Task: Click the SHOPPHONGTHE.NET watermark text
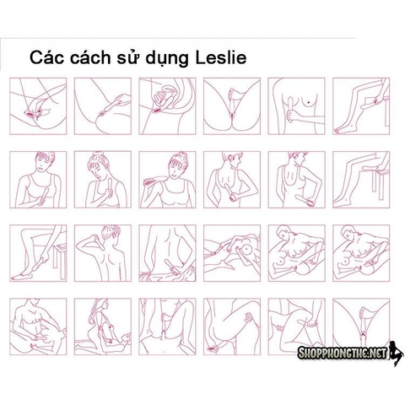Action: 343,353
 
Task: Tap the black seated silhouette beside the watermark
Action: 396,353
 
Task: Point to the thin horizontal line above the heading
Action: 178,38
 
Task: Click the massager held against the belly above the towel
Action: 174,266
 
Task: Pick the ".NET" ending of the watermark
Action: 377,353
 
